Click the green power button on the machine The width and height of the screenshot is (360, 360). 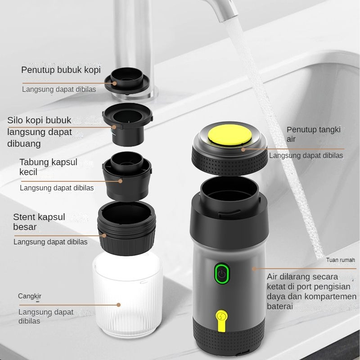pyautogui.click(x=222, y=273)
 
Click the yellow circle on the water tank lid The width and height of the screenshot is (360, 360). pyautogui.click(x=229, y=135)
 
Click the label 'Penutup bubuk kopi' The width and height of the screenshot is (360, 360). pyautogui.click(x=61, y=70)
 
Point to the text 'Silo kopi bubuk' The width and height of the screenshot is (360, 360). pyautogui.click(x=39, y=120)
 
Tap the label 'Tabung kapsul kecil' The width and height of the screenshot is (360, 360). pyautogui.click(x=48, y=167)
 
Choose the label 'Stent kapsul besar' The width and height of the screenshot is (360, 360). pyautogui.click(x=39, y=222)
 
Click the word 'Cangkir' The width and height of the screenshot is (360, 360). pyautogui.click(x=30, y=296)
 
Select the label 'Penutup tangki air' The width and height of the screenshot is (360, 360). pyautogui.click(x=313, y=134)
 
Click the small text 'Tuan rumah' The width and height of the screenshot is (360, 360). pyautogui.click(x=341, y=260)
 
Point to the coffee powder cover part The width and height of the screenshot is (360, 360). pyautogui.click(x=127, y=81)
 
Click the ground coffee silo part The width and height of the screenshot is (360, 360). pyautogui.click(x=128, y=124)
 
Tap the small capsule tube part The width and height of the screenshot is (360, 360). pyautogui.click(x=127, y=175)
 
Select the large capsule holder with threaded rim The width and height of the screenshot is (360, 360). pyautogui.click(x=126, y=229)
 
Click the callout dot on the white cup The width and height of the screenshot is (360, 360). pyautogui.click(x=118, y=305)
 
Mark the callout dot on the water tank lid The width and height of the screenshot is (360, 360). pyautogui.click(x=243, y=150)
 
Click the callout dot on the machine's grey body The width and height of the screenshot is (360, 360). pyautogui.click(x=254, y=269)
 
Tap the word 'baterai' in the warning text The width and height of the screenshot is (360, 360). pyautogui.click(x=279, y=306)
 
